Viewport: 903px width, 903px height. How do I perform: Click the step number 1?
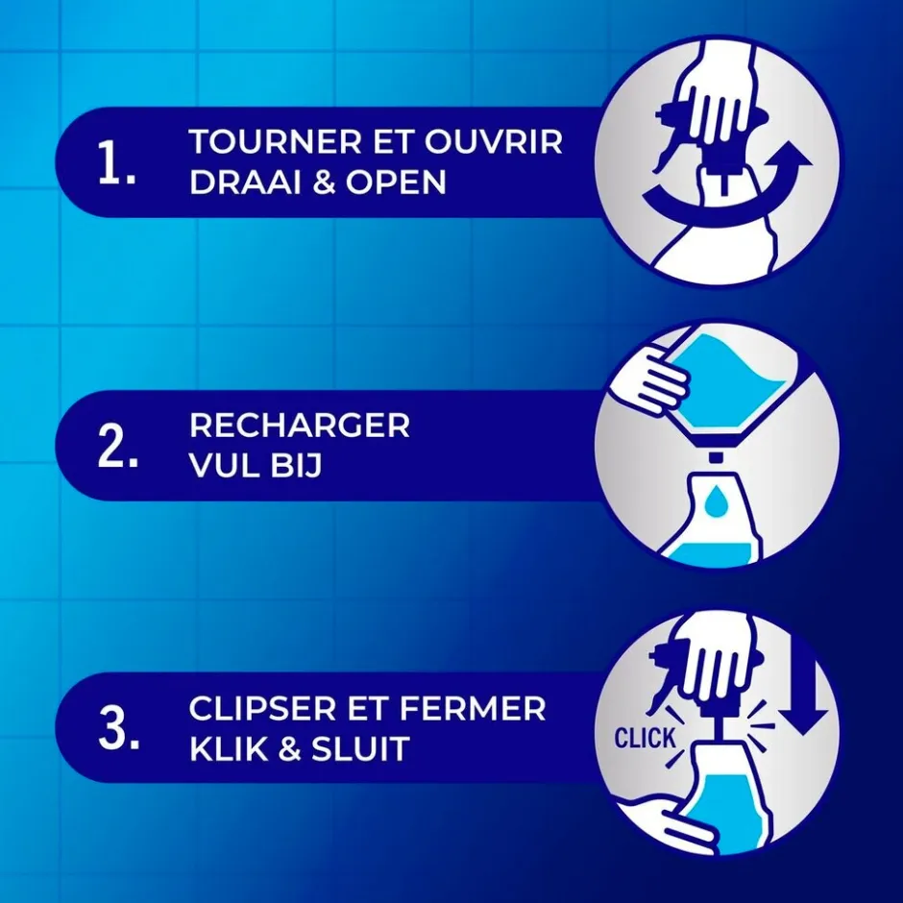(117, 163)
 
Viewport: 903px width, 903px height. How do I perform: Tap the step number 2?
(118, 447)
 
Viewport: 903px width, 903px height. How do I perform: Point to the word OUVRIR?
(494, 141)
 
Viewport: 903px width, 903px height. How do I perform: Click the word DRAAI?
(246, 183)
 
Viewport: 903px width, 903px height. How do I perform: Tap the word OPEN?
(396, 183)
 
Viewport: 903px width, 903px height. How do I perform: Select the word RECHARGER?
(300, 425)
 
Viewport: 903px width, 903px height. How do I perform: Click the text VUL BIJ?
(256, 466)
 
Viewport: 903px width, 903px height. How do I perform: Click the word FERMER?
(473, 708)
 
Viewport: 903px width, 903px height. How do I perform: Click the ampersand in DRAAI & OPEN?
(325, 183)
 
